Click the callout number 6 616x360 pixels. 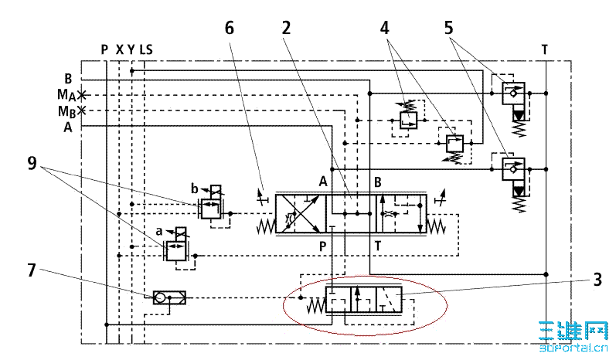(229, 28)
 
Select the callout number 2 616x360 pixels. (286, 28)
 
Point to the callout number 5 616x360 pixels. (448, 28)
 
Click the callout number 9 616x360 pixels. (32, 163)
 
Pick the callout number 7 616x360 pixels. (32, 270)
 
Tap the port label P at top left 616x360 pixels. (104, 49)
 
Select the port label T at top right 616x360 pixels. (545, 49)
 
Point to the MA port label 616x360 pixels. (66, 95)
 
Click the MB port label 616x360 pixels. (66, 111)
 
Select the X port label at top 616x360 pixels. (119, 49)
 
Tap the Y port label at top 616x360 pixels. (131, 49)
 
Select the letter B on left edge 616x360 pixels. (68, 79)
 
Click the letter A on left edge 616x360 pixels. (68, 127)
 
